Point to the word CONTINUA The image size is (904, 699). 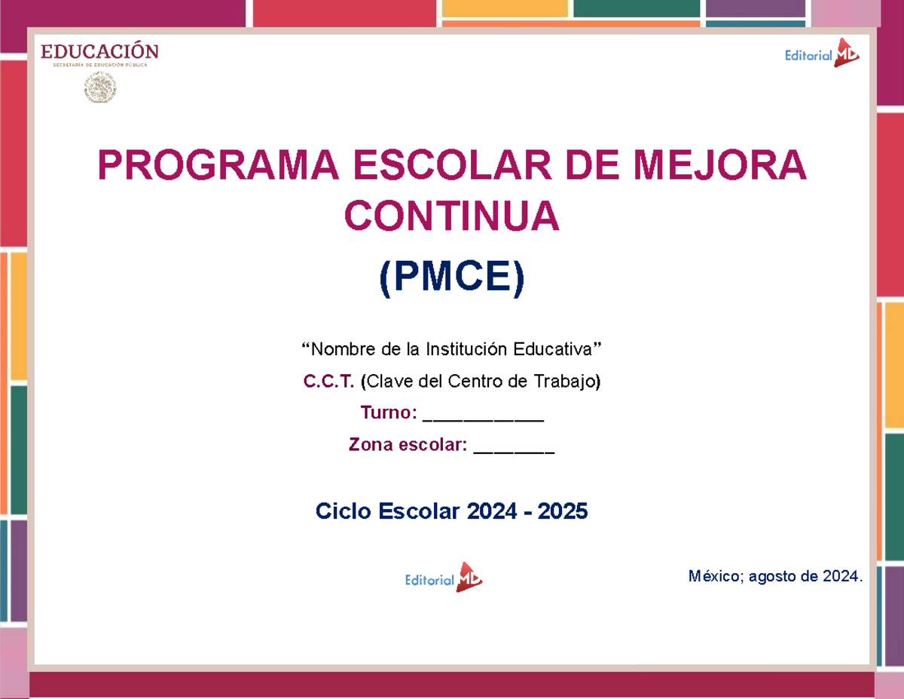[452, 217]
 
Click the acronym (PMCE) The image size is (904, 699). [451, 278]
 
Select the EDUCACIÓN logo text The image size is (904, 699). [99, 52]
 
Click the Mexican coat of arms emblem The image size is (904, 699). [99, 89]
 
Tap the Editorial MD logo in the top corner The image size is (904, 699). [822, 54]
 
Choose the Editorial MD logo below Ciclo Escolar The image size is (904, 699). [444, 578]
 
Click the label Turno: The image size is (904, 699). [388, 413]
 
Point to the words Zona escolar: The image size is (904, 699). [408, 445]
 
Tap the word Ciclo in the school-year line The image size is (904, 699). [343, 512]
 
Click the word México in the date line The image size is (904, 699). [715, 577]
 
